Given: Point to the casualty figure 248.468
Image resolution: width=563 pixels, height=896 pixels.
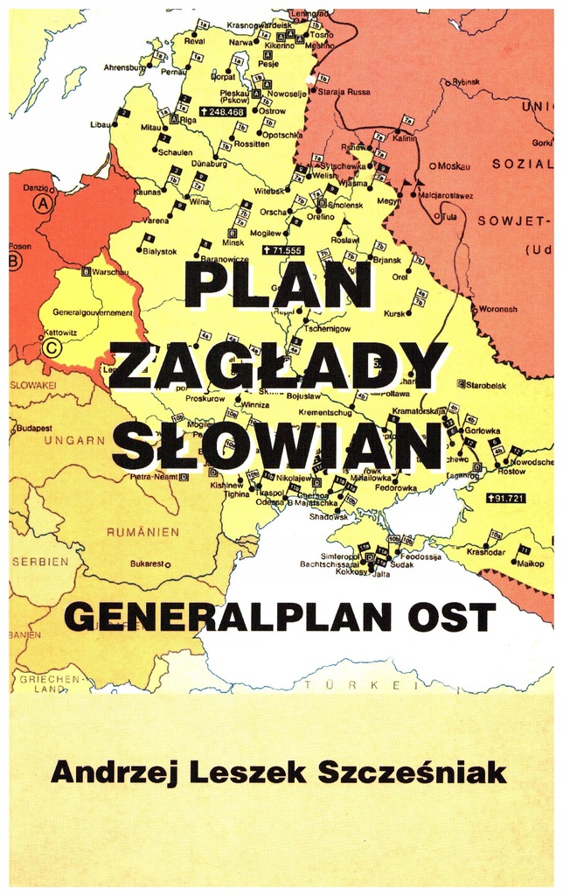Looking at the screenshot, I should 222,112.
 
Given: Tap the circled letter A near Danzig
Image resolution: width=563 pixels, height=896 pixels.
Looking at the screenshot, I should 41,203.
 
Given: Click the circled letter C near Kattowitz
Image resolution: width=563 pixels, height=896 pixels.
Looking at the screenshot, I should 51,346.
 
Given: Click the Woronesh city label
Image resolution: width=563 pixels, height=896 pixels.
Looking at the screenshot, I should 497,309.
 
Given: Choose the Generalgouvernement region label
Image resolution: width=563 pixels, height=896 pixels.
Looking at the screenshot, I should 93,312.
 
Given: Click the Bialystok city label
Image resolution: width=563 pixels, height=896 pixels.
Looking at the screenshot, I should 158,251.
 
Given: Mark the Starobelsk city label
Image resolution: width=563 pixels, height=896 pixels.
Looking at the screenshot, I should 493,384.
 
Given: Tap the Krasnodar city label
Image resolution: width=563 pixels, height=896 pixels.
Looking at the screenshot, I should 485,552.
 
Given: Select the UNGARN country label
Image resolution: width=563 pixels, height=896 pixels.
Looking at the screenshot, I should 73,440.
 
